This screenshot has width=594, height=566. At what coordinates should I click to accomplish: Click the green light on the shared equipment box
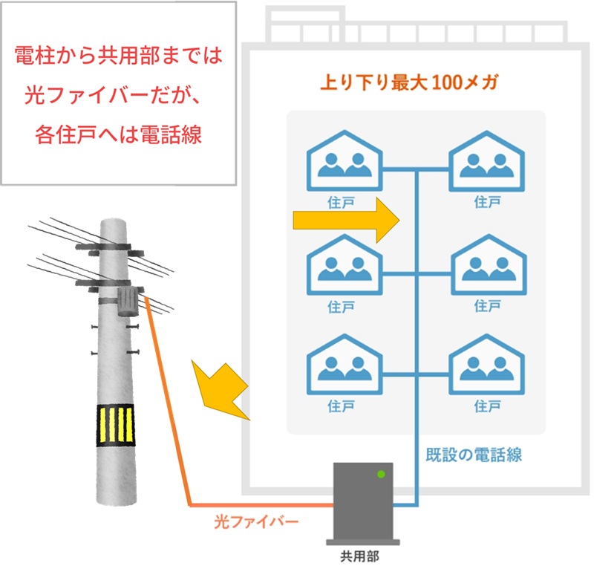point(382,473)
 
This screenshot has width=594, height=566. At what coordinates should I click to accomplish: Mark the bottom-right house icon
point(486,368)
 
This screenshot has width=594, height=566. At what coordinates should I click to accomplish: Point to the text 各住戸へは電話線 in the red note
point(118,135)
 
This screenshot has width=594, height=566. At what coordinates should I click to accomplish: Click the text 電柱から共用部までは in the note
point(119,55)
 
